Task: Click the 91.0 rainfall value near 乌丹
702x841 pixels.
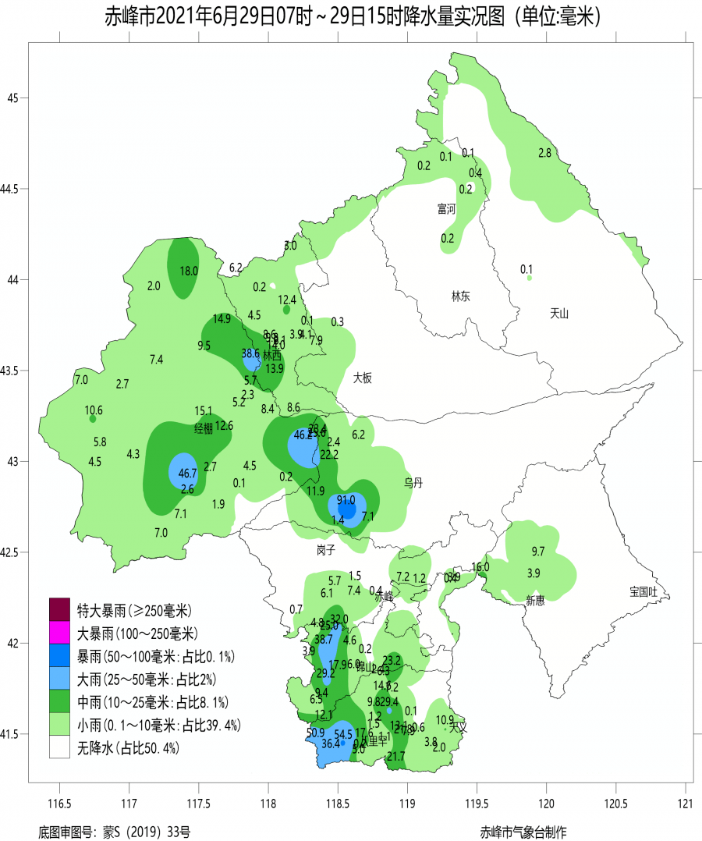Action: (x=346, y=500)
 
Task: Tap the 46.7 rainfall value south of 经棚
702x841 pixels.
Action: (x=187, y=473)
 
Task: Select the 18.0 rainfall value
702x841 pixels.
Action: (x=189, y=271)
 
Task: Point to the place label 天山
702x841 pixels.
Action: (x=559, y=314)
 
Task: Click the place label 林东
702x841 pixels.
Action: (x=460, y=296)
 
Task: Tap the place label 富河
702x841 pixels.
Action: (x=446, y=208)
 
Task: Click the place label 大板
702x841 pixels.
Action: (x=362, y=378)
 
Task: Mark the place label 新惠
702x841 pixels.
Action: (x=534, y=600)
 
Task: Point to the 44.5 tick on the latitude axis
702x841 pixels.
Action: (x=13, y=189)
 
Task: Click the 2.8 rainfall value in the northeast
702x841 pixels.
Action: (x=545, y=153)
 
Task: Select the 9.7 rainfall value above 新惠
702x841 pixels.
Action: (x=537, y=552)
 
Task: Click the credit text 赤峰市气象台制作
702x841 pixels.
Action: (x=523, y=832)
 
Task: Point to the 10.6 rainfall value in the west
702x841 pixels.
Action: (x=94, y=410)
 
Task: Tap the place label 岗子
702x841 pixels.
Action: (x=325, y=550)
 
